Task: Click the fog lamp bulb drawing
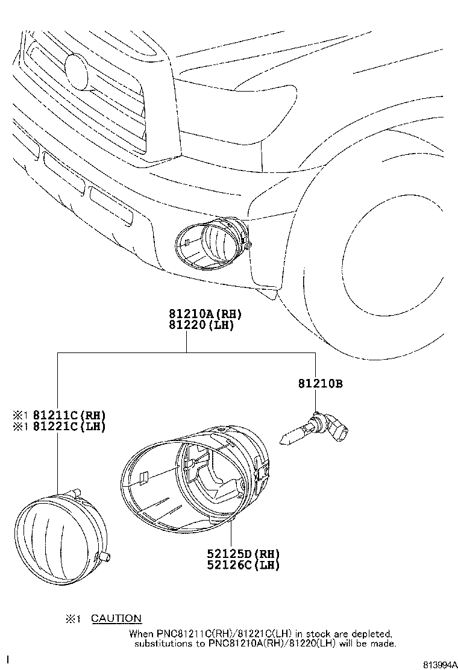pyautogui.click(x=316, y=428)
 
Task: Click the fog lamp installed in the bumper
pyautogui.click(x=211, y=244)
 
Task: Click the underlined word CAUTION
pyautogui.click(x=116, y=618)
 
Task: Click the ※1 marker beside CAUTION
pyautogui.click(x=73, y=619)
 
